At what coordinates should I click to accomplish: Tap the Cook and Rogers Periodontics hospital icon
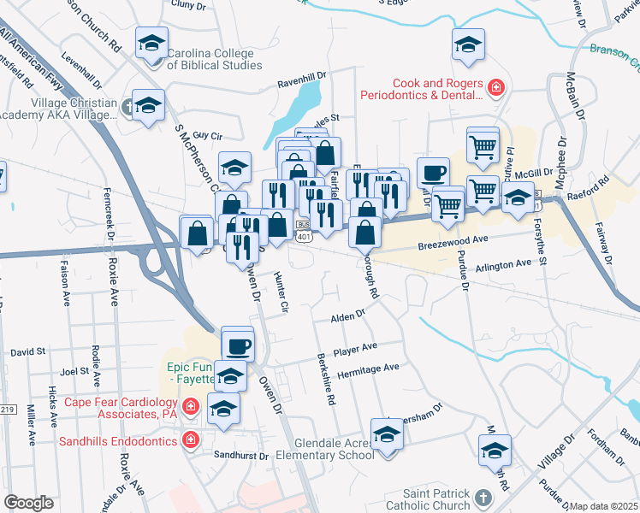click(495, 87)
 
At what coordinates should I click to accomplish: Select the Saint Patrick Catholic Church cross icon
click(483, 497)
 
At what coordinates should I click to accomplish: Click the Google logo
click(29, 503)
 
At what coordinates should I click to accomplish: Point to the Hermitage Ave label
click(368, 368)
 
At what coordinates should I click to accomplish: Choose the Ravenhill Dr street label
click(301, 84)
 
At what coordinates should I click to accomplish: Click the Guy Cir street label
click(208, 135)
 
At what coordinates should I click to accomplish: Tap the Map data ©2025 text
click(604, 506)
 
